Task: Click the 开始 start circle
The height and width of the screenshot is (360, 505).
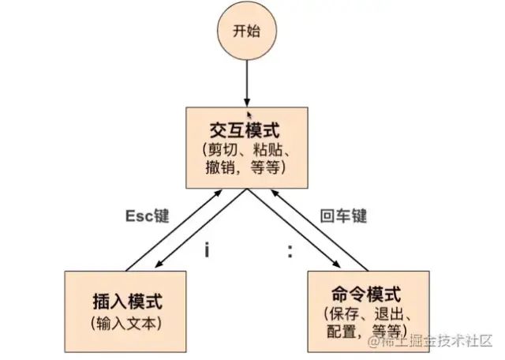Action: (x=245, y=34)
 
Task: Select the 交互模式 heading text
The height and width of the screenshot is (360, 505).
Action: (x=245, y=129)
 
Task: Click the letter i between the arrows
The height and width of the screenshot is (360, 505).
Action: (x=207, y=250)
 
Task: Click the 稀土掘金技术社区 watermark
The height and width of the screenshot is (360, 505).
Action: (x=439, y=340)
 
